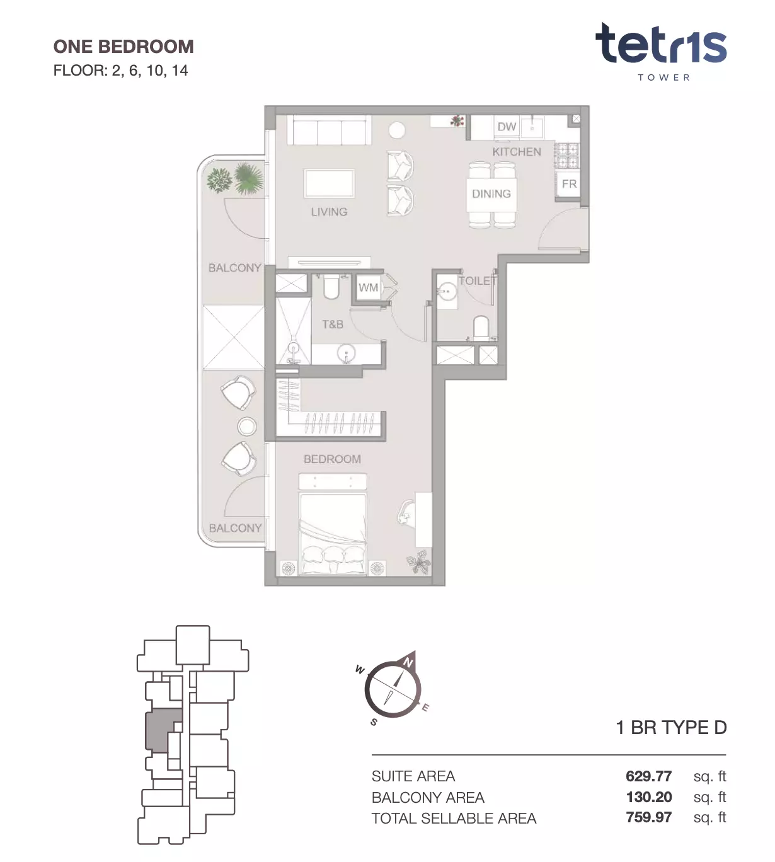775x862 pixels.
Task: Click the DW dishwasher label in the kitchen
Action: point(507,127)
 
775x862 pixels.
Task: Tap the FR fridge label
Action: point(569,184)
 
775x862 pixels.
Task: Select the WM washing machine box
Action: point(369,287)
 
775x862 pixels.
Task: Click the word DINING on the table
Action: point(491,194)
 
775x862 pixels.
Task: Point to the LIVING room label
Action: point(330,212)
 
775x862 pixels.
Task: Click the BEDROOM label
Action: point(332,459)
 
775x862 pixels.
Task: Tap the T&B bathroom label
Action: point(333,324)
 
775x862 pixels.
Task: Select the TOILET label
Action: point(478,281)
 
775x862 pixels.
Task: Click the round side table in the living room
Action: point(397,130)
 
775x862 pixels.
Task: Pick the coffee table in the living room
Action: point(330,183)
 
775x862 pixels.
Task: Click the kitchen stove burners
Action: point(567,156)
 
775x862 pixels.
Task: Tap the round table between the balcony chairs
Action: point(247,427)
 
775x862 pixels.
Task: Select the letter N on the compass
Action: point(408,663)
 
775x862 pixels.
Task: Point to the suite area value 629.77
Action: point(648,776)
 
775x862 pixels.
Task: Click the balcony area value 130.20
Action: point(649,797)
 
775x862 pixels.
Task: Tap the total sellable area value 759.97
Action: point(648,817)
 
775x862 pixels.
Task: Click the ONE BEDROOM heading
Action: point(123,47)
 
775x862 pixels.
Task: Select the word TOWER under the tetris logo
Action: point(664,78)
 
